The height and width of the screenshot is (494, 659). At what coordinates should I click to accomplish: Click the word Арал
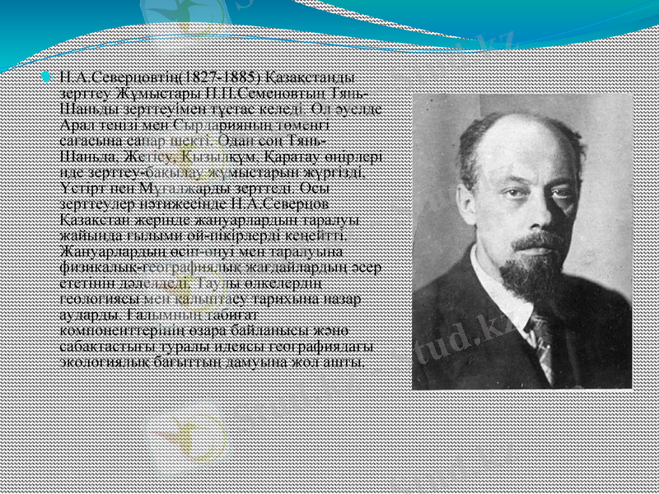pyautogui.click(x=79, y=123)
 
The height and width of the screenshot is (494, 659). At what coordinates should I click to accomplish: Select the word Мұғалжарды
pyautogui.click(x=175, y=183)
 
